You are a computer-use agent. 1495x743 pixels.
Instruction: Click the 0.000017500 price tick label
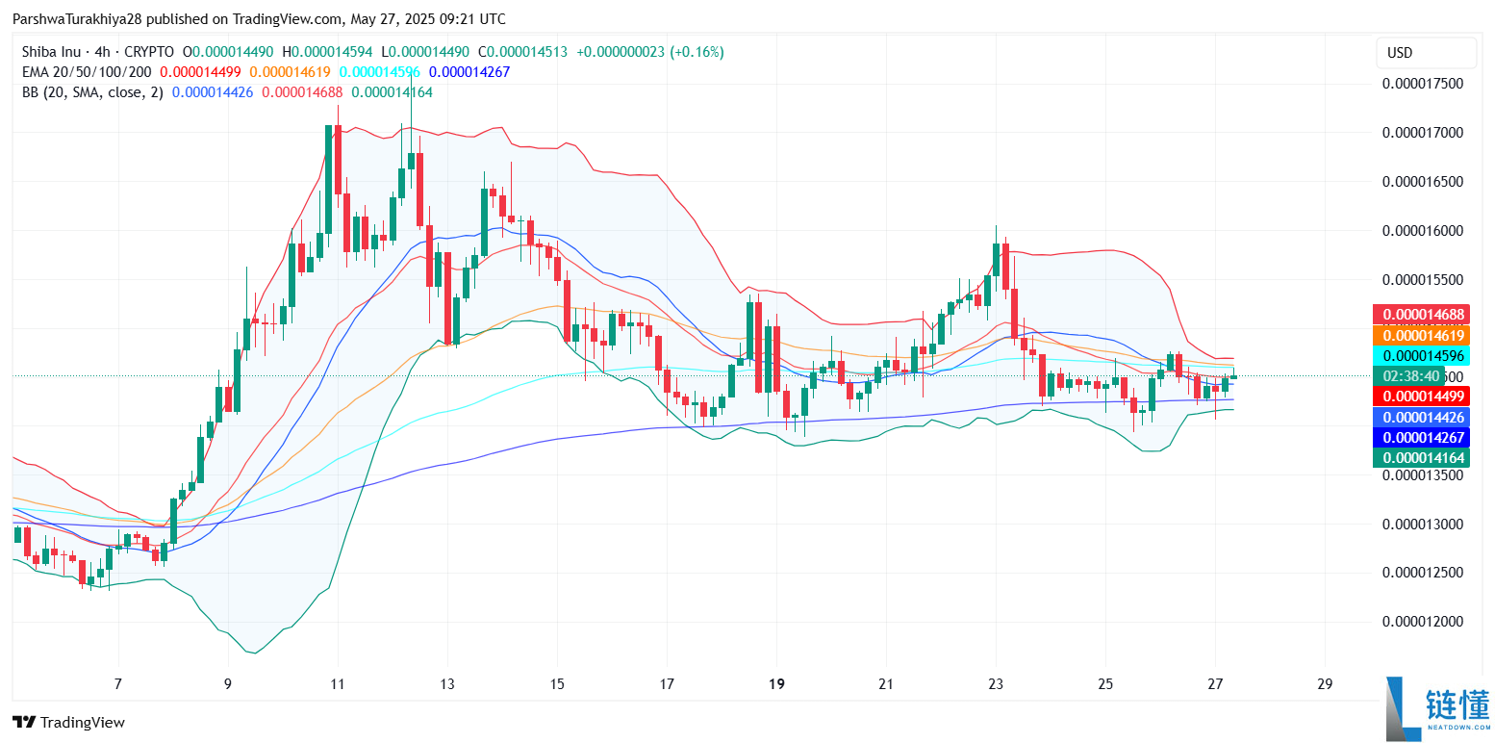pyautogui.click(x=1422, y=84)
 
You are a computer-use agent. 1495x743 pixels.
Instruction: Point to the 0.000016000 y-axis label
pyautogui.click(x=1422, y=231)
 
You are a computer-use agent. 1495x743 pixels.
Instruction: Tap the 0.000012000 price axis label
pyautogui.click(x=1422, y=622)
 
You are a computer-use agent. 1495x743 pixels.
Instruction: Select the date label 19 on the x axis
pyautogui.click(x=777, y=685)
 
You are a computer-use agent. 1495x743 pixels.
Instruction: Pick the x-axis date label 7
pyautogui.click(x=118, y=685)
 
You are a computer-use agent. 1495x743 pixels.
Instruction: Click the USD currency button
pyautogui.click(x=1400, y=53)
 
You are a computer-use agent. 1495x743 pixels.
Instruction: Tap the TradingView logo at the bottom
pyautogui.click(x=68, y=722)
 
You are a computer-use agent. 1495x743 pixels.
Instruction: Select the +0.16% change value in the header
pyautogui.click(x=699, y=52)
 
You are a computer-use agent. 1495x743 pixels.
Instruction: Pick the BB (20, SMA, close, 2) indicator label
pyautogui.click(x=91, y=92)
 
